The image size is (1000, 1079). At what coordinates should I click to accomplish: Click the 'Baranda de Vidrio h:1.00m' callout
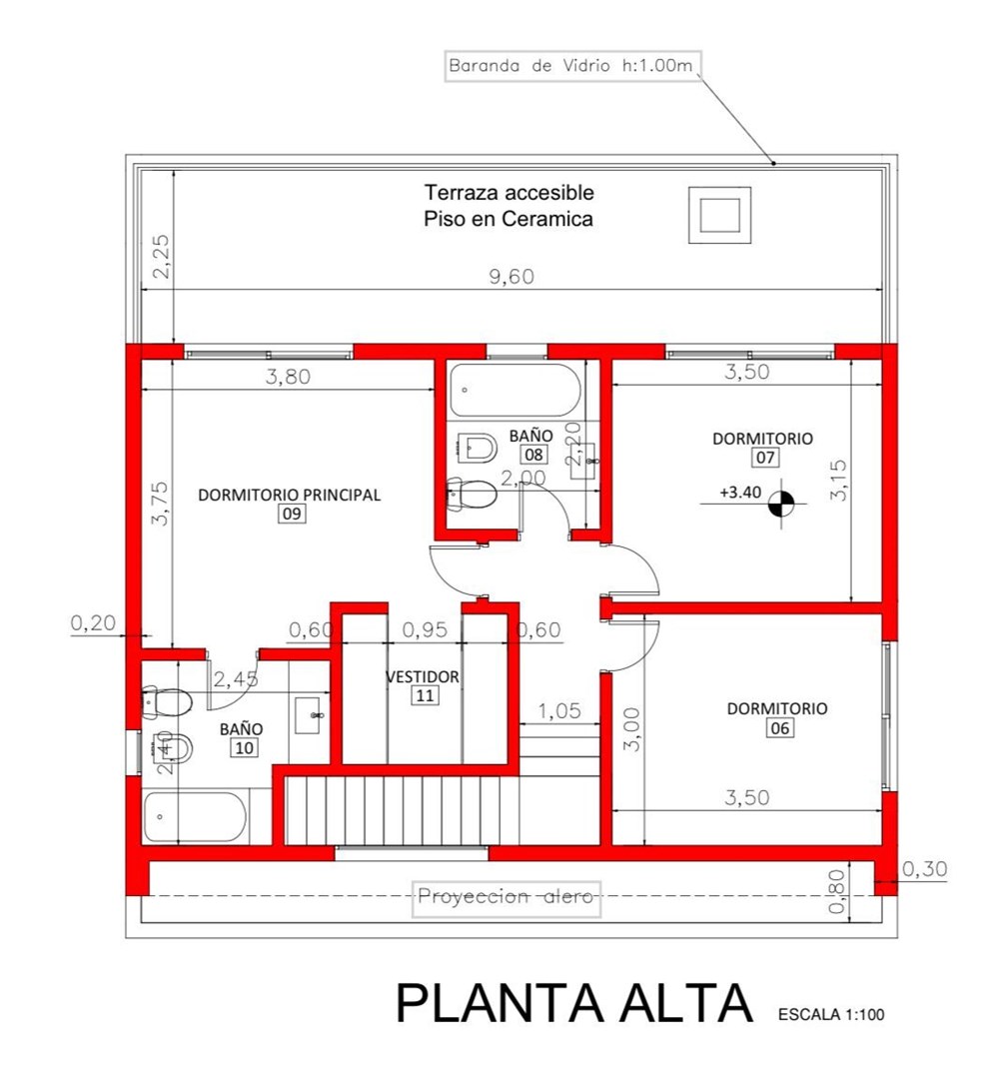[x=572, y=66]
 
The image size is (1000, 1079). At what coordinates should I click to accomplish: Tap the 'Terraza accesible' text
[x=508, y=192]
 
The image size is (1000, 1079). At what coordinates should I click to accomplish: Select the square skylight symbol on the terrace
[x=719, y=215]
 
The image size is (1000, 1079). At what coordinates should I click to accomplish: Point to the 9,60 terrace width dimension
[x=511, y=277]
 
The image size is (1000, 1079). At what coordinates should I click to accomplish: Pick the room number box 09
[x=292, y=514]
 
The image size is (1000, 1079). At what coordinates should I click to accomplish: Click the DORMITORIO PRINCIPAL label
[x=289, y=495]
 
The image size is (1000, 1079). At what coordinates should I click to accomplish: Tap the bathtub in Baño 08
[x=515, y=391]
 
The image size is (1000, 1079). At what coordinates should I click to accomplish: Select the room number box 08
[x=533, y=455]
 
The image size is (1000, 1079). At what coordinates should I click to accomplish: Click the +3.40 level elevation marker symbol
[x=780, y=503]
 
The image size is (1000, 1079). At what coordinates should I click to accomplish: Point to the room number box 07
[x=765, y=458]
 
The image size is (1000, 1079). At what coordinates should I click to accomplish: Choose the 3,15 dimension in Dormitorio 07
[x=838, y=481]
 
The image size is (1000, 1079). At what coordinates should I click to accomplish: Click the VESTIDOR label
[x=422, y=677]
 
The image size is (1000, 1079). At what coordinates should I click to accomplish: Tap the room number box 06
[x=780, y=728]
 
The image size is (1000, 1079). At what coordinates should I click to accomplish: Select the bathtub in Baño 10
[x=194, y=817]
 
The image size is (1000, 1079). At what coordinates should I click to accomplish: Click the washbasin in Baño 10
[x=309, y=715]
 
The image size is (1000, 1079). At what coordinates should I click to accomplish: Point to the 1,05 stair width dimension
[x=559, y=711]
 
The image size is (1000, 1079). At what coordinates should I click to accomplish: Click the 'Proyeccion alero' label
[x=505, y=897]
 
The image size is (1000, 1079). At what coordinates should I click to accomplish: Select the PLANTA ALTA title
[x=574, y=1003]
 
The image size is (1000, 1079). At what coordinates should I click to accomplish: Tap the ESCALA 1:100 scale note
[x=831, y=1014]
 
